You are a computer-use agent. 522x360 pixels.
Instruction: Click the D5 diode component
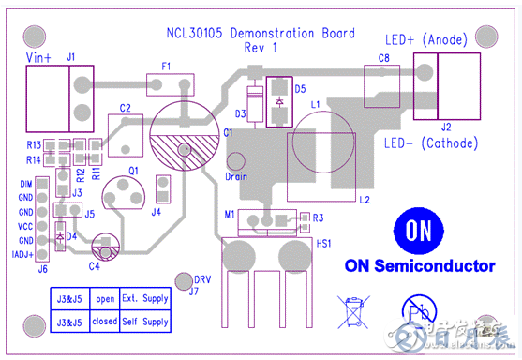(278, 101)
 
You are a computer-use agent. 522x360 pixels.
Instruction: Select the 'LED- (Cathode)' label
(431, 143)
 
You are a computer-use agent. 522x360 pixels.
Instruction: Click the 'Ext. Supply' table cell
(145, 300)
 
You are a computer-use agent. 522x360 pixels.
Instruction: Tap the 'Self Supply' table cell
(145, 322)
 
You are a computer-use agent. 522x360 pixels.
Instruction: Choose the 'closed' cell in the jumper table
(105, 322)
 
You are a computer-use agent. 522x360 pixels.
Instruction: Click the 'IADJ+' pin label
(22, 254)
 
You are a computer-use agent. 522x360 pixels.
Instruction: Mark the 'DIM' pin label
(25, 184)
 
